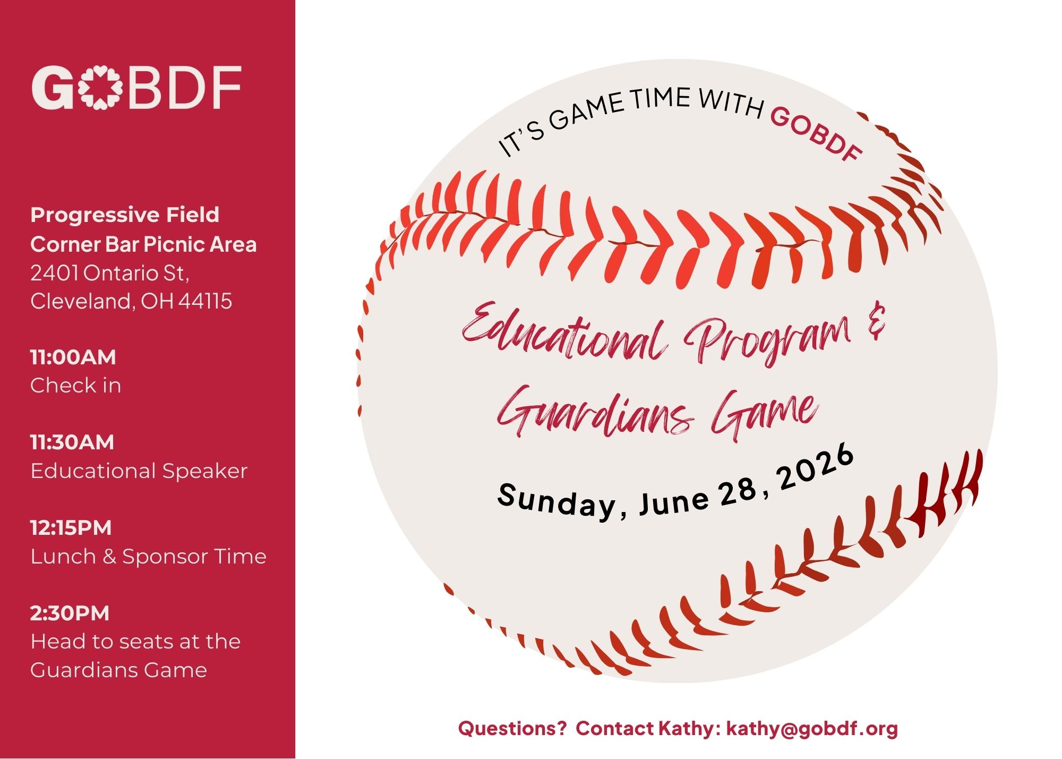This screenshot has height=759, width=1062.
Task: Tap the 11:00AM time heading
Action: tap(73, 357)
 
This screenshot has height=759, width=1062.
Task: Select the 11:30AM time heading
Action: tap(72, 442)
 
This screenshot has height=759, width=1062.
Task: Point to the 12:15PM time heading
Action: tap(71, 528)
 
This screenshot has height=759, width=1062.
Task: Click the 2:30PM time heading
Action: tap(70, 613)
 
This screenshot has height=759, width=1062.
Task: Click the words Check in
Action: tap(76, 386)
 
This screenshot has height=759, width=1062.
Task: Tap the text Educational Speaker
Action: tap(139, 471)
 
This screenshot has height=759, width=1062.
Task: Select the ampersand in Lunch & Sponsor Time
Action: tap(109, 557)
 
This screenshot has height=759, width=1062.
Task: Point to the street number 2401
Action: tap(55, 273)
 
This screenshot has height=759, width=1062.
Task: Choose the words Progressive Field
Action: tap(125, 215)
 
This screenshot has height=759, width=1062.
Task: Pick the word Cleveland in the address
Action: tap(82, 301)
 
